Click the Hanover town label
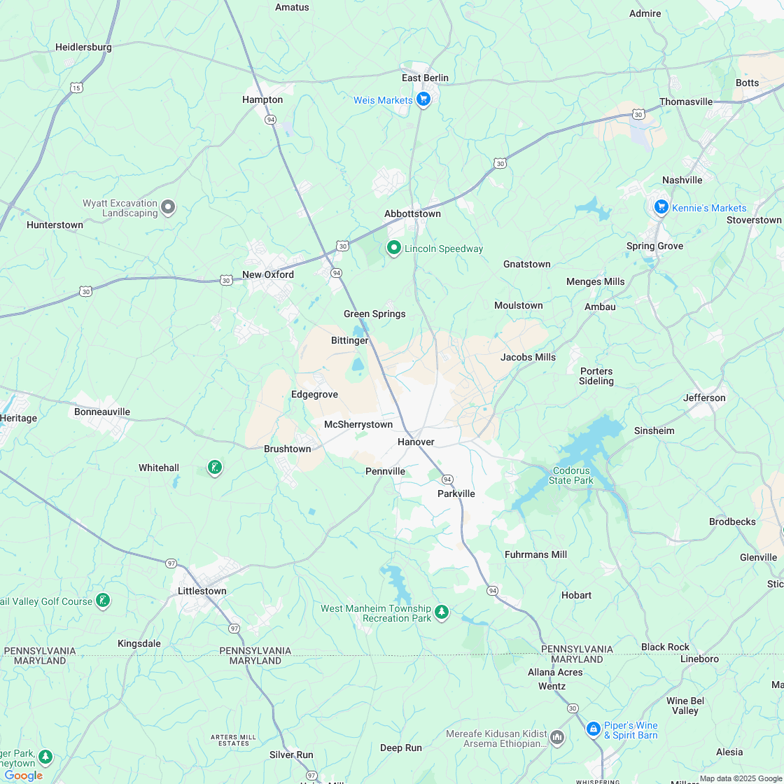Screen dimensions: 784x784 click(x=416, y=442)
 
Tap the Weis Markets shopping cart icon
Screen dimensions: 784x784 click(x=423, y=99)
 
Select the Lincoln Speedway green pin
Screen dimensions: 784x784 click(x=394, y=248)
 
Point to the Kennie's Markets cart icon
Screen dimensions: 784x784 click(x=661, y=206)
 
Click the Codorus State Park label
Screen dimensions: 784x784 click(x=571, y=475)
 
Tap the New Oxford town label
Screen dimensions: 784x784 click(x=268, y=274)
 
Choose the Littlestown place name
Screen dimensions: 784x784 click(x=202, y=591)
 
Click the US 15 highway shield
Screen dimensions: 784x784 click(x=76, y=87)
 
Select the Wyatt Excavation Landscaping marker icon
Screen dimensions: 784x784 click(x=168, y=206)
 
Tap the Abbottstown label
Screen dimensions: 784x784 click(x=412, y=213)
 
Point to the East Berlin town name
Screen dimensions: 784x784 click(x=425, y=78)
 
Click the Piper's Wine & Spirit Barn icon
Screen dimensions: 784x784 click(x=593, y=729)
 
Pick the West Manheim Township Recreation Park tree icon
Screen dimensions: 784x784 click(x=442, y=612)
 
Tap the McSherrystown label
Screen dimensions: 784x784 click(x=358, y=424)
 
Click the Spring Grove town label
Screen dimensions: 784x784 click(x=654, y=246)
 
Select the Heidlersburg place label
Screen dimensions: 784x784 click(x=83, y=47)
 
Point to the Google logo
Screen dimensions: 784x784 click(x=23, y=775)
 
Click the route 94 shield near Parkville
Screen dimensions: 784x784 click(x=447, y=479)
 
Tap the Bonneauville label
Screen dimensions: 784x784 click(x=102, y=412)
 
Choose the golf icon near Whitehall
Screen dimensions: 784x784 click(x=215, y=467)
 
